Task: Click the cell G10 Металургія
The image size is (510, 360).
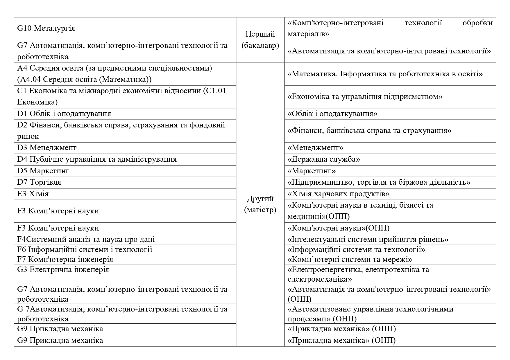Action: coord(46,28)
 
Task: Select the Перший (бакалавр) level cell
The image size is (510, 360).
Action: coord(260,40)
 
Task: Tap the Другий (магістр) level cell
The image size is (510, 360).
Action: coord(260,204)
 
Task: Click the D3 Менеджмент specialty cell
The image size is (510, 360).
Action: coord(47,148)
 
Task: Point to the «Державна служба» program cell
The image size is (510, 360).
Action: coord(324,159)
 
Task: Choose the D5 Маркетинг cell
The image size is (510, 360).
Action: coord(43,171)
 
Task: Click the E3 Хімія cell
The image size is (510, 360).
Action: coord(33,194)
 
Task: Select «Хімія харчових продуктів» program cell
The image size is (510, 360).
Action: coord(338,194)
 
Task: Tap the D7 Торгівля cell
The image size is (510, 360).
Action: coord(39,182)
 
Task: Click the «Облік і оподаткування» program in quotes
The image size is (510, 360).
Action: coord(332,114)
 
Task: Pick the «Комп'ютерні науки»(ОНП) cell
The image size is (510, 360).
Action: coord(339,228)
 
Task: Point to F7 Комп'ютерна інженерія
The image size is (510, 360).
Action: coord(65,259)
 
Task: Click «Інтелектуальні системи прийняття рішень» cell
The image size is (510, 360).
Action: coord(368,239)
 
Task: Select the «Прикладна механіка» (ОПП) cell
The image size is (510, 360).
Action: coord(342,329)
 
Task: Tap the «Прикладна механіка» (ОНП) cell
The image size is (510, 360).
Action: coord(342,340)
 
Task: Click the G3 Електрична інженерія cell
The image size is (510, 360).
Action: coord(63,270)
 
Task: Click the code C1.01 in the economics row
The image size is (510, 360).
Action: coord(215,91)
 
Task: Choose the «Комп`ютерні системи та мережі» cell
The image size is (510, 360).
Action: coord(350,259)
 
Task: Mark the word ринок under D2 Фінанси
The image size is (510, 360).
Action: coord(28,136)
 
